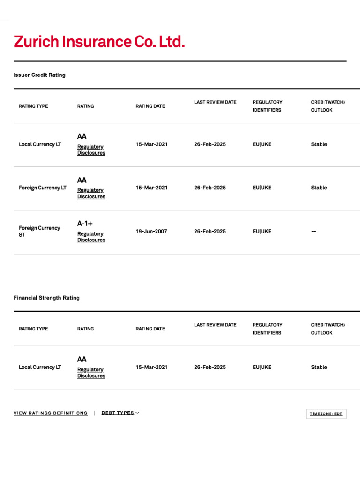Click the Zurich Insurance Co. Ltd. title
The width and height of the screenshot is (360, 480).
pos(99,42)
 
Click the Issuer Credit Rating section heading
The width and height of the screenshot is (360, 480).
pos(39,75)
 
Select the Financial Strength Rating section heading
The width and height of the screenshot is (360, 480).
pos(46,298)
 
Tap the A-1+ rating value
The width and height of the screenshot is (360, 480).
pos(85,224)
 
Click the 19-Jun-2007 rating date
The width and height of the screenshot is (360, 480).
pos(151,231)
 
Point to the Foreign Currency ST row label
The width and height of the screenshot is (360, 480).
pos(39,231)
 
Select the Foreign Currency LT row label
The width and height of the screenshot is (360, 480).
pos(43,187)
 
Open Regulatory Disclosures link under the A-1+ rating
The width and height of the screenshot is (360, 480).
pos(91,237)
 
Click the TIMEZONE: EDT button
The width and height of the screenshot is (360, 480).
pos(326,414)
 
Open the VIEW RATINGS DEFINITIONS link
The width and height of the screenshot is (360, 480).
pos(51,413)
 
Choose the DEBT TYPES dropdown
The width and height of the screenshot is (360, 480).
pos(120,413)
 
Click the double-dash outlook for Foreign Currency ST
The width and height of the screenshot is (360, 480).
pos(314,231)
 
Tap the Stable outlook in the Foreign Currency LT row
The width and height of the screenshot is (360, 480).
pos(319,187)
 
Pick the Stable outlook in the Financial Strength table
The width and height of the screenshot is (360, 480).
pos(319,367)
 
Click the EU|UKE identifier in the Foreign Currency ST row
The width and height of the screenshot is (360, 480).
pos(262,231)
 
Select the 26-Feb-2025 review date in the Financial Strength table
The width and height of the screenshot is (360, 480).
pos(210,367)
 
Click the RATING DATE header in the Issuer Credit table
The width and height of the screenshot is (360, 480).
pos(150,106)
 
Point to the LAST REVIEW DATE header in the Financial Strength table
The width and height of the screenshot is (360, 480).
pos(215,325)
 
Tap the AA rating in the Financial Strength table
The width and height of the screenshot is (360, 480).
pos(82,359)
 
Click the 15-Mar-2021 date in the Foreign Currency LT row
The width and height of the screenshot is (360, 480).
pos(151,187)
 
